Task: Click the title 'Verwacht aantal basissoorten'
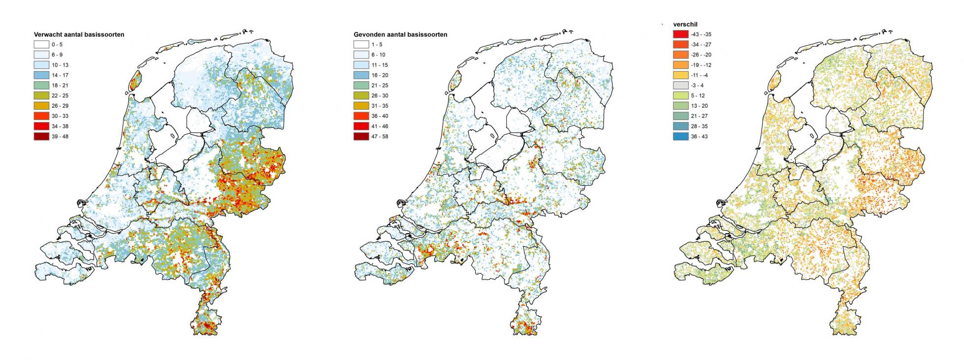coord(79,35)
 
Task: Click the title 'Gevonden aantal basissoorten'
coord(400,35)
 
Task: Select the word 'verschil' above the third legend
coord(685,24)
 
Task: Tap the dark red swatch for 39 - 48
coord(41,136)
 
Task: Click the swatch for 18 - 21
coord(41,86)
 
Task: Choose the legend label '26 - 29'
coord(63,106)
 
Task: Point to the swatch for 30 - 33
coord(41,116)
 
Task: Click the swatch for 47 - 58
coord(361,136)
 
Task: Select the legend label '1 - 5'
coord(378,45)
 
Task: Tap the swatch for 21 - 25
coord(361,86)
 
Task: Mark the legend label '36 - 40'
coord(381,116)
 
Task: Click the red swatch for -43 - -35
coord(680,34)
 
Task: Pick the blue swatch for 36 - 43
coord(680,136)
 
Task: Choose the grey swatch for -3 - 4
coord(680,86)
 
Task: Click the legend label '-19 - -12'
coord(701,65)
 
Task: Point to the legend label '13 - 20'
coord(699,106)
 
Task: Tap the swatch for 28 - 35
coord(680,126)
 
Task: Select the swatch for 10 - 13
coord(41,65)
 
